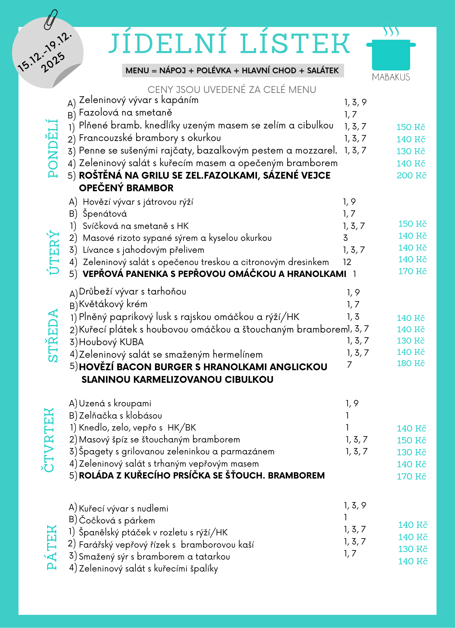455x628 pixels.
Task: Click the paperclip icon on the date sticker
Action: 51,19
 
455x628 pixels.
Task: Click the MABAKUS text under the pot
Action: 391,77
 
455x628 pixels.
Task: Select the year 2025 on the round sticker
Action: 53,63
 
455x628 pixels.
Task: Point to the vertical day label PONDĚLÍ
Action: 53,148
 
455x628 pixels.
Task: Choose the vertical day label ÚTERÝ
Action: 54,253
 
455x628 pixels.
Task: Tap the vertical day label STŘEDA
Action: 53,335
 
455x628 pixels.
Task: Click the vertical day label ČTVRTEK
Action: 48,440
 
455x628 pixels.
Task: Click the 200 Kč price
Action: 411,176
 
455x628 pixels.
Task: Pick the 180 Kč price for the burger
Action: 411,363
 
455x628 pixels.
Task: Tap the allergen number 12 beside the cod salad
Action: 347,262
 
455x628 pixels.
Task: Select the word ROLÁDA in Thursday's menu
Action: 96,475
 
